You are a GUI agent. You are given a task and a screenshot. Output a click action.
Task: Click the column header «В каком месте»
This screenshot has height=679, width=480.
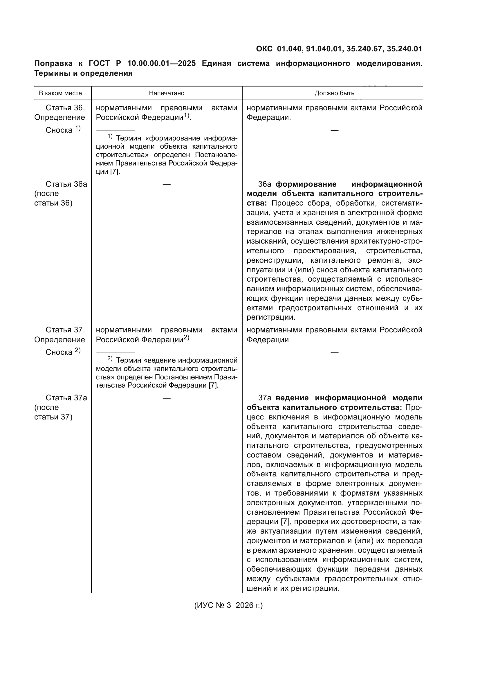(x=60, y=93)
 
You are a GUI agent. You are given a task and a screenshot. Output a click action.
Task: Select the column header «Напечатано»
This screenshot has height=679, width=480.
(x=166, y=93)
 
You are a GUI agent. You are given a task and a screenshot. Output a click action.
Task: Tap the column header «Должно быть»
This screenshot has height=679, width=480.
(x=334, y=93)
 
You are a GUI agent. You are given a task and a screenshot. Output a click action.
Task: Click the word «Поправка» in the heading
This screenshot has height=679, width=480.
(x=53, y=64)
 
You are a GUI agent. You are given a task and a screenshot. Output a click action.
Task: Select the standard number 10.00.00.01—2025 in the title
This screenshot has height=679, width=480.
(x=161, y=64)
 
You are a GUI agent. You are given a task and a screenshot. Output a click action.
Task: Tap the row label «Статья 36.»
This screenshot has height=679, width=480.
(x=65, y=108)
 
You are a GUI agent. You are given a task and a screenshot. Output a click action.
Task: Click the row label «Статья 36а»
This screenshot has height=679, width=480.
(x=66, y=184)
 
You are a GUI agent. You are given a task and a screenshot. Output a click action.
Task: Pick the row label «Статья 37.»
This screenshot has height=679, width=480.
(x=65, y=330)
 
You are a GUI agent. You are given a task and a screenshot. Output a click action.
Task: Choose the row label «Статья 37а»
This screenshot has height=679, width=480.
(x=66, y=398)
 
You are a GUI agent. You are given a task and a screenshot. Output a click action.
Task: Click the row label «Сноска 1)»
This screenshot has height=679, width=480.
(x=63, y=130)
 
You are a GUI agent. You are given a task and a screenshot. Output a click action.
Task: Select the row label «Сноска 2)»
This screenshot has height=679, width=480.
(x=63, y=352)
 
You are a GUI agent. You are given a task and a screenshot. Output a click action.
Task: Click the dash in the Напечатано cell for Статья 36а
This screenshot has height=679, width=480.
(x=166, y=185)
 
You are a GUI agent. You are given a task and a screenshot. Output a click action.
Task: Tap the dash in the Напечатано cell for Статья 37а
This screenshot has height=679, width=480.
(x=166, y=398)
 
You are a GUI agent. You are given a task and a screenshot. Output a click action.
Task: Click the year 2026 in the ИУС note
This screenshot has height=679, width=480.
(x=245, y=605)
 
